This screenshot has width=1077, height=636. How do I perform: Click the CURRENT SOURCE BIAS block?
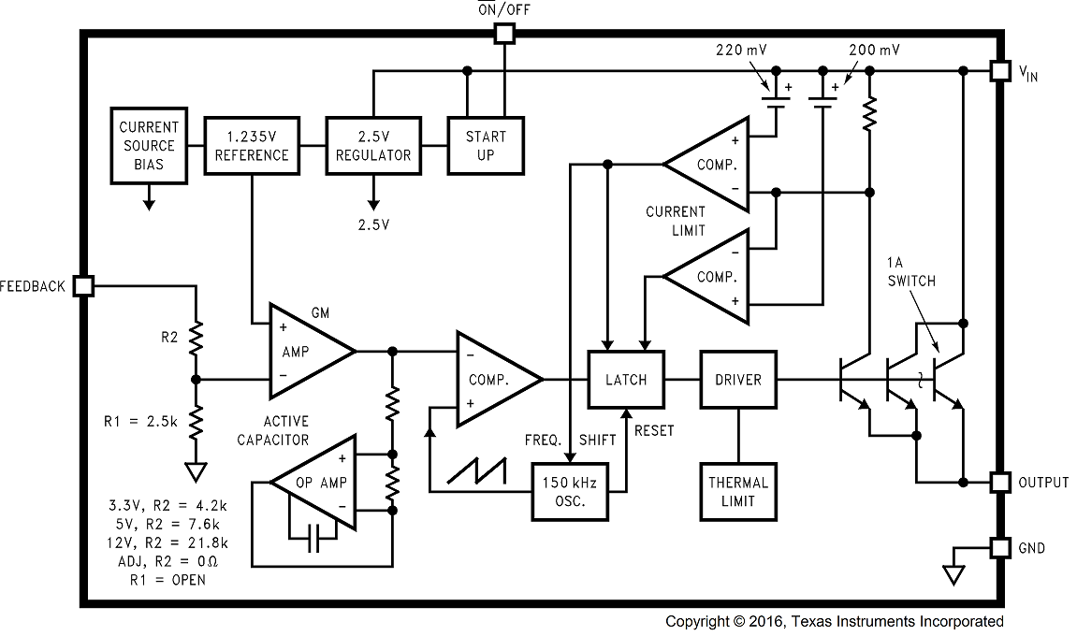pyautogui.click(x=148, y=146)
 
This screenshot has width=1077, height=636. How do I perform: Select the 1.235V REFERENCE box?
pyautogui.click(x=251, y=146)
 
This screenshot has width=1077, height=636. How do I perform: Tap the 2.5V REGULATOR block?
pyautogui.click(x=372, y=146)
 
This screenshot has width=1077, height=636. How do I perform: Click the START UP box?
pyautogui.click(x=485, y=146)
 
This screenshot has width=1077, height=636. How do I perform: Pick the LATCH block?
pyautogui.click(x=625, y=380)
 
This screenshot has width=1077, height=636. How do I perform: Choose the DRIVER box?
pyautogui.click(x=737, y=380)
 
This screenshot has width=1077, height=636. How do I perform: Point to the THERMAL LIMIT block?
pyautogui.click(x=737, y=492)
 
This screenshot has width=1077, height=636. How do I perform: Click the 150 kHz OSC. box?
pyautogui.click(x=569, y=492)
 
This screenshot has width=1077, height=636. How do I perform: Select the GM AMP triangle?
pyautogui.click(x=305, y=352)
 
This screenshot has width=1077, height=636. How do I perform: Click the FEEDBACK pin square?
pyautogui.click(x=83, y=286)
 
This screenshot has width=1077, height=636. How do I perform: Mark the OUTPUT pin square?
pyautogui.click(x=1000, y=483)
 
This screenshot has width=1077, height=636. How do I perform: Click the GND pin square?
pyautogui.click(x=1000, y=548)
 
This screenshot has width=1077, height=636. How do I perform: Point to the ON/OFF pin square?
pyautogui.click(x=504, y=35)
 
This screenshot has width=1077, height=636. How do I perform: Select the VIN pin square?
pyautogui.click(x=1000, y=71)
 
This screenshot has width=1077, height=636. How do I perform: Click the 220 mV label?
pyautogui.click(x=741, y=50)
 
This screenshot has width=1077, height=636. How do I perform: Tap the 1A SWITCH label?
pyautogui.click(x=910, y=271)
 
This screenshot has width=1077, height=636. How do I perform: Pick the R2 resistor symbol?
pyautogui.click(x=196, y=339)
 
